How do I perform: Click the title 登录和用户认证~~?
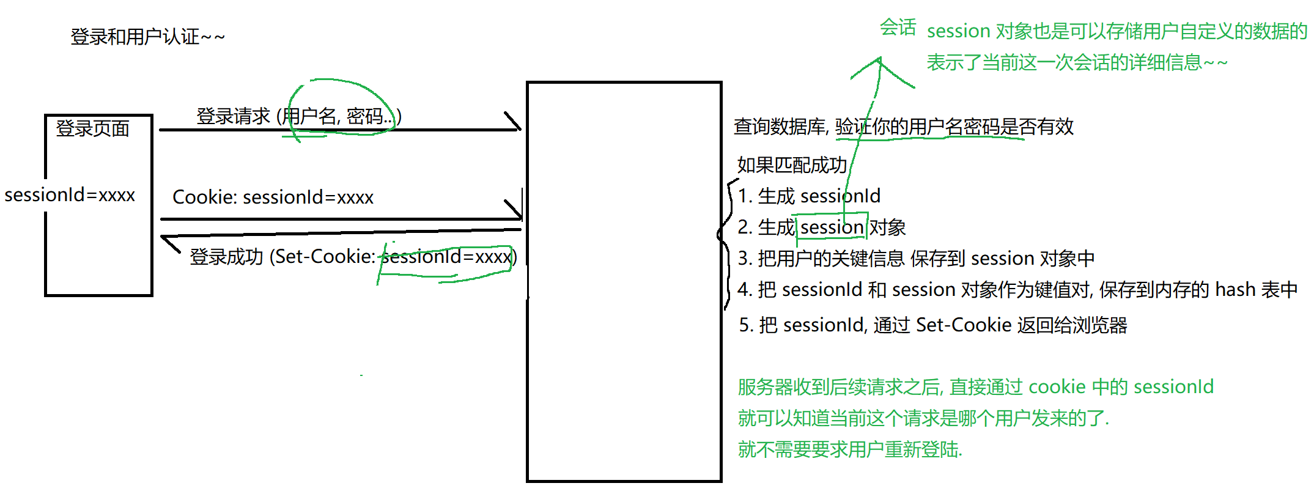147,37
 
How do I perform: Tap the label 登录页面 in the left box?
92,128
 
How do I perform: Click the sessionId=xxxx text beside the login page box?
70,195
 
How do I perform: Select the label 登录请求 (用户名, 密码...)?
298,116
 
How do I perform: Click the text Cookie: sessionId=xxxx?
273,197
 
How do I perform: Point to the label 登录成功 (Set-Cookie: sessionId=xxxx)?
353,257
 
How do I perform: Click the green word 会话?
898,28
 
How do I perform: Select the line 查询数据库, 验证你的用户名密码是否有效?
903,127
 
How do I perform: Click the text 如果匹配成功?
792,165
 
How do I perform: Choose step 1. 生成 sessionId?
809,196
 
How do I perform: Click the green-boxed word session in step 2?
832,227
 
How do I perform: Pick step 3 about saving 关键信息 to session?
916,259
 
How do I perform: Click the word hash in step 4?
1235,290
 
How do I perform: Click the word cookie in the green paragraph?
1057,387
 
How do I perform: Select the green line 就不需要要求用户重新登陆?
850,450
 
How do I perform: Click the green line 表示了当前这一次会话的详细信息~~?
1077,62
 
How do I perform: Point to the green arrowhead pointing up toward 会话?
879,61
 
